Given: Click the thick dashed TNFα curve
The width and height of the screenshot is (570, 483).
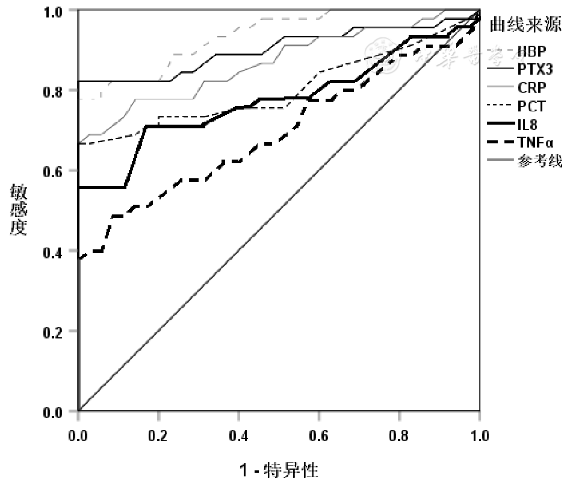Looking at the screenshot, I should point(181,181).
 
